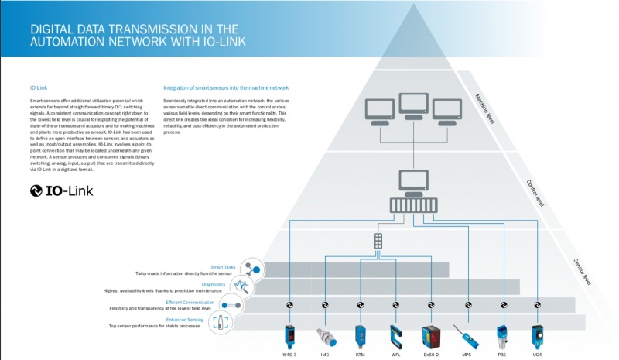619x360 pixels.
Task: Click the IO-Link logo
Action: (x=62, y=190)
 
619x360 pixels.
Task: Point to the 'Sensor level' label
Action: (x=584, y=268)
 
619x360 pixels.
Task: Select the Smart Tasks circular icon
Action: (x=251, y=269)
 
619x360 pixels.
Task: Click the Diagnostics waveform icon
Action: (x=242, y=287)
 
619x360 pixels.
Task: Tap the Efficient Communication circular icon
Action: (x=232, y=305)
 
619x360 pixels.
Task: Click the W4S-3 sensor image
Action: (x=289, y=335)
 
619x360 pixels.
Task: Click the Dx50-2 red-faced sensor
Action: (x=431, y=336)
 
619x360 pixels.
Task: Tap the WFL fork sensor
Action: (x=395, y=336)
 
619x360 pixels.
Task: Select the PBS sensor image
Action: (x=503, y=336)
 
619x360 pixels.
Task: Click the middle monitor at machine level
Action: (x=413, y=108)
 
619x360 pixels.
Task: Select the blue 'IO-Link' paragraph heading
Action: (x=38, y=87)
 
